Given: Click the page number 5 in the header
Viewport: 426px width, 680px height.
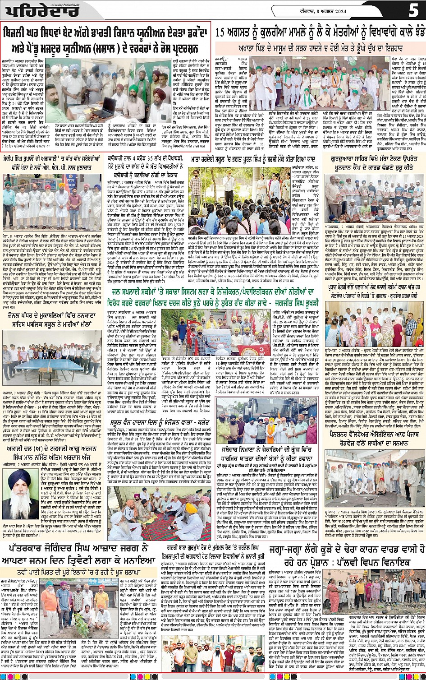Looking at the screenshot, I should click(x=413, y=9).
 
